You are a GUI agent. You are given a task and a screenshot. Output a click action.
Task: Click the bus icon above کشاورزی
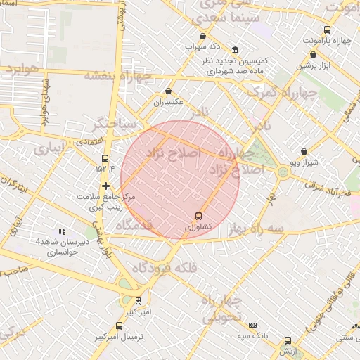coord(198,216)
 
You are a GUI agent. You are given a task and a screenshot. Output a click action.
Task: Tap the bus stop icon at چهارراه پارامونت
coord(327,30)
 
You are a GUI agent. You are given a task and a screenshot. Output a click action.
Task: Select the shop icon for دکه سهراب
coord(203,36)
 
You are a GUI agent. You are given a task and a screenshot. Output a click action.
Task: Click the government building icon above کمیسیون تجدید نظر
coord(234,51)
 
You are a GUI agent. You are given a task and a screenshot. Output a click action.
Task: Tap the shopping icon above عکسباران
coord(168,91)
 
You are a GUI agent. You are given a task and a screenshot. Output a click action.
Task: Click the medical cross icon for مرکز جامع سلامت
coord(105,186)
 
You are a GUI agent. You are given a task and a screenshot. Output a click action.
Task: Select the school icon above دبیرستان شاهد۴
coord(62,231)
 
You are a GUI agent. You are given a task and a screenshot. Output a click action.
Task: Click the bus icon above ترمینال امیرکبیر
coord(119,326)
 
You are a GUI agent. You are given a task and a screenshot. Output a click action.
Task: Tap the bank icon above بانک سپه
coord(253,325)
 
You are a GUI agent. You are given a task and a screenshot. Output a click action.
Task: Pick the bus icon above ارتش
coord(288,340)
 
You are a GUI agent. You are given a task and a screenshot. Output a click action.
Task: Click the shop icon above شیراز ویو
coord(304,151)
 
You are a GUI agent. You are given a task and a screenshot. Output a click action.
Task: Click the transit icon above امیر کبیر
coord(138,300)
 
